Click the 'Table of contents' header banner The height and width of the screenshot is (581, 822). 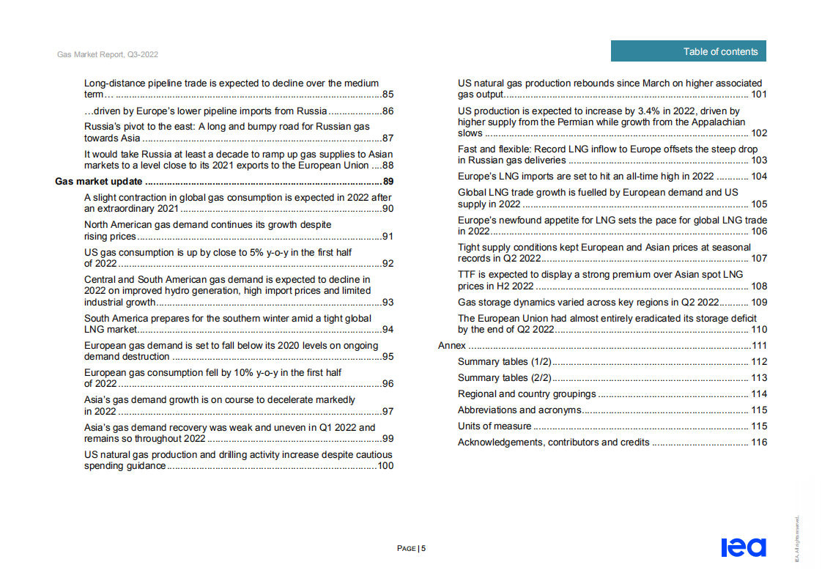(x=688, y=51)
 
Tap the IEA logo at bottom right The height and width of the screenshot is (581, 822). (x=743, y=547)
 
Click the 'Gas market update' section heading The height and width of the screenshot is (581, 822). (x=100, y=182)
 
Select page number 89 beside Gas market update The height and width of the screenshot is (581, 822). (x=388, y=182)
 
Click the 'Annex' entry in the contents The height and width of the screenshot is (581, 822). (x=451, y=345)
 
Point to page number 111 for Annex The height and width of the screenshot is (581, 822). (x=759, y=345)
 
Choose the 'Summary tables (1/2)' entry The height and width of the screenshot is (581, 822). (x=504, y=361)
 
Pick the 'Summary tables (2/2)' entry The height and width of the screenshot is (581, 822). (x=504, y=377)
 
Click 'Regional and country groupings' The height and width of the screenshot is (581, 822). (x=527, y=393)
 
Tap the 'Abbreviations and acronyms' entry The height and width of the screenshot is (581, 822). (x=519, y=410)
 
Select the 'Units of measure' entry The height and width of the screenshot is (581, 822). (x=495, y=426)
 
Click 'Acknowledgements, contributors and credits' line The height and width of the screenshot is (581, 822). (x=553, y=442)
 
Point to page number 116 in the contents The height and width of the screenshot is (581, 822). (x=759, y=442)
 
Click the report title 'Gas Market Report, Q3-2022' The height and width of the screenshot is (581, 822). (x=108, y=55)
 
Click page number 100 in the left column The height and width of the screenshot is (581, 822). (x=385, y=465)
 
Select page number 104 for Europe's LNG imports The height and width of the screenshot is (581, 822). (x=759, y=176)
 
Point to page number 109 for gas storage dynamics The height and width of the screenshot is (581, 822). (x=759, y=302)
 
